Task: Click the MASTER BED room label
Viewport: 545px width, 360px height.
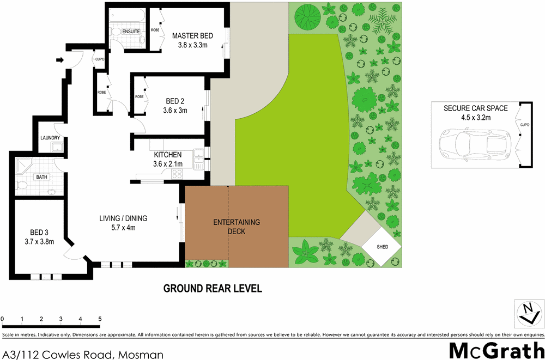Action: click(x=192, y=36)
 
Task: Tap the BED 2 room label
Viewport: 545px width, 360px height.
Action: click(x=175, y=101)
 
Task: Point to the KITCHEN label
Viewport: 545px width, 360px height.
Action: click(x=168, y=155)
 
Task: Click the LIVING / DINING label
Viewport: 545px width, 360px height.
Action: click(x=123, y=219)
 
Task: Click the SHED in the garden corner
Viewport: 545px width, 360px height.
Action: click(x=383, y=247)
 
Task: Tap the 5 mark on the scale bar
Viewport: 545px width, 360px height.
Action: click(x=100, y=319)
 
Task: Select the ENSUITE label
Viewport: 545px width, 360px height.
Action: click(x=131, y=32)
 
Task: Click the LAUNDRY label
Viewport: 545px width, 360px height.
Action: click(x=50, y=138)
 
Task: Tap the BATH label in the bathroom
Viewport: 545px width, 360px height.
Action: click(x=41, y=177)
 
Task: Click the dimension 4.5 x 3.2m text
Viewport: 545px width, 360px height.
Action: click(x=475, y=117)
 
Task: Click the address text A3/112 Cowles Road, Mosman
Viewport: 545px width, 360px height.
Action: click(x=83, y=355)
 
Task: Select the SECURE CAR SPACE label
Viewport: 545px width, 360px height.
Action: click(x=475, y=108)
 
